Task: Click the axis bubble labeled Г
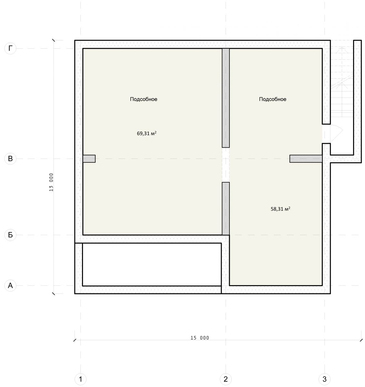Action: pos(10,48)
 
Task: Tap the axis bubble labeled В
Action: pos(10,159)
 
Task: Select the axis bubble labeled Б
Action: pos(10,235)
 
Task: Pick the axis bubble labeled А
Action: pos(10,286)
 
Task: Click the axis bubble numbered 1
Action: pos(81,379)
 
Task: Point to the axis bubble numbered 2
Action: pos(226,379)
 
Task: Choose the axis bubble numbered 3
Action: pos(325,379)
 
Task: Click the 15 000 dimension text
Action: pos(200,338)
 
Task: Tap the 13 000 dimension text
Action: pos(51,182)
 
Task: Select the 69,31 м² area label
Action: pos(147,133)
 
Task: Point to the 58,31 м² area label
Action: pos(280,209)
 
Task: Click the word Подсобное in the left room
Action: pos(144,99)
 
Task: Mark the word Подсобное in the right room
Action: pos(273,99)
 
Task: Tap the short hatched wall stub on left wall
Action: pos(89,159)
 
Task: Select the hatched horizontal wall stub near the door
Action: pos(306,159)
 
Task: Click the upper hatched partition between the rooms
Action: pos(226,98)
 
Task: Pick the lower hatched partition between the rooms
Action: pos(226,209)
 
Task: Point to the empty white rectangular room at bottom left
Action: pos(152,264)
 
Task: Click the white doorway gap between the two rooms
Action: pos(226,165)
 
